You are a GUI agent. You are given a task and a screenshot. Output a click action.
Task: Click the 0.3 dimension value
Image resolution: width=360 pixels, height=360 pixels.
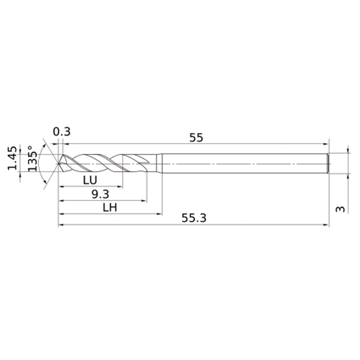[x=62, y=132]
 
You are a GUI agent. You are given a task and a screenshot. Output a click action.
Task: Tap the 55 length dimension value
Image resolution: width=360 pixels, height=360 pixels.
[x=196, y=137]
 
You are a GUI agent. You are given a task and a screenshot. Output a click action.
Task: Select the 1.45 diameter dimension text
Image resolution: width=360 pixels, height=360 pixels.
[x=12, y=158]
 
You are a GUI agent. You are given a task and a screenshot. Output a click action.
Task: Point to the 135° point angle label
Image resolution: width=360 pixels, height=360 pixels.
[x=32, y=158]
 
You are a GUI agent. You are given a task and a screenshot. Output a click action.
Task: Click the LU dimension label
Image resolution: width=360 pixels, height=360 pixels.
[x=90, y=180]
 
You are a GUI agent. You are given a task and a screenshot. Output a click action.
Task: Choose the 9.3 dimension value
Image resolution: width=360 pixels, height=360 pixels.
[x=100, y=194]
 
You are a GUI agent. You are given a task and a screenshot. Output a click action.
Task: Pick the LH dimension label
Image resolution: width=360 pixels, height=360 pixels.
[x=110, y=208]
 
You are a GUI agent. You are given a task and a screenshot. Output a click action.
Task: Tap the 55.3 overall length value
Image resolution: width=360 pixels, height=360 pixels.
[x=194, y=218]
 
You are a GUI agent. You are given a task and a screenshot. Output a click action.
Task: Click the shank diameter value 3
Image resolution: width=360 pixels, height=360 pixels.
[x=340, y=209]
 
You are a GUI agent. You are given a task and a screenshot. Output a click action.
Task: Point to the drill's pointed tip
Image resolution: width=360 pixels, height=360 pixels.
[x=59, y=163]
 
